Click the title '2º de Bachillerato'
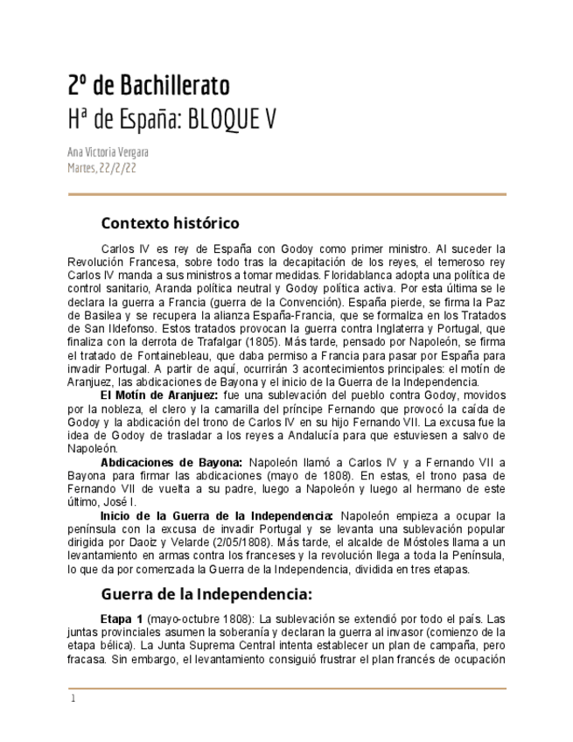(149, 86)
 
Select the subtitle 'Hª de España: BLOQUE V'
(171, 119)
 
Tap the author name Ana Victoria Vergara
(108, 152)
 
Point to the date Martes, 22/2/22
(101, 168)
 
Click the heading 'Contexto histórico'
(170, 223)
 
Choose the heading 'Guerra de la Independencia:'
(206, 595)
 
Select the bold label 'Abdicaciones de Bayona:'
(171, 461)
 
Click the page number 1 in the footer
(73, 698)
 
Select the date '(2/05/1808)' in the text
(246, 542)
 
